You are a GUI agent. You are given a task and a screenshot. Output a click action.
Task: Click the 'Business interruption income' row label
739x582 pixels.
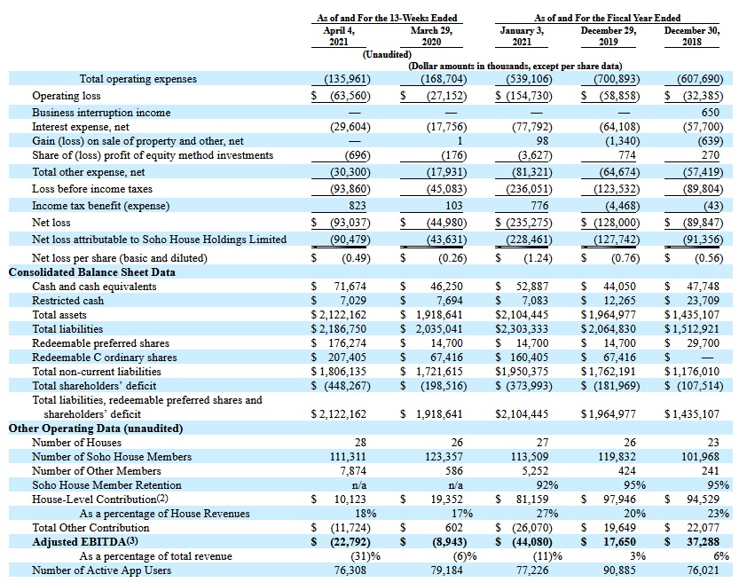coord(101,113)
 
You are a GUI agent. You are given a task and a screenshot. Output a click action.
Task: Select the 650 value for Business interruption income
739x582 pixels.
coord(710,113)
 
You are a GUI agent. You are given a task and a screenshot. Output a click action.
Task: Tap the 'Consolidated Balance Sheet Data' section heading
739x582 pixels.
coord(91,272)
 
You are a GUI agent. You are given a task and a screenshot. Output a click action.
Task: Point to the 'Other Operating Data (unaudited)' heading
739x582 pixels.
coord(96,429)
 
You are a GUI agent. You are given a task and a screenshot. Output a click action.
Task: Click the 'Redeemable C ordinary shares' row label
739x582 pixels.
coord(105,358)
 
